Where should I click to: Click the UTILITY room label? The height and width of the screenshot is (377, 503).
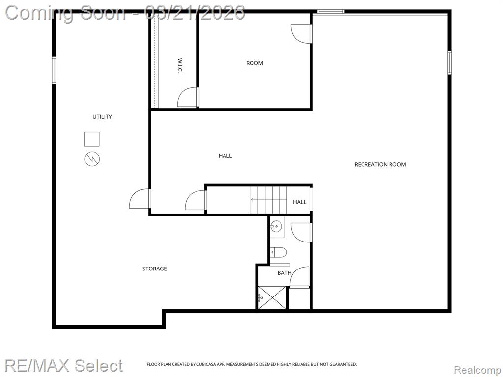pyautogui.click(x=102, y=117)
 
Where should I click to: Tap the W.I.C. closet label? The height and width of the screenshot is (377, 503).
pyautogui.click(x=180, y=65)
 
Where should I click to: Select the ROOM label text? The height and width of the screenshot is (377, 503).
pyautogui.click(x=254, y=63)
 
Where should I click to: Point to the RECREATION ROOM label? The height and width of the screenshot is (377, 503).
pyautogui.click(x=380, y=165)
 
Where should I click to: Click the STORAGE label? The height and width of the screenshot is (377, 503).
pyautogui.click(x=155, y=269)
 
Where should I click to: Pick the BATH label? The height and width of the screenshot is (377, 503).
pyautogui.click(x=284, y=273)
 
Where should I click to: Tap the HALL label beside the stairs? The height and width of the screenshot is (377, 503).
pyautogui.click(x=299, y=202)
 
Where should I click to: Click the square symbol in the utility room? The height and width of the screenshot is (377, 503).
pyautogui.click(x=92, y=139)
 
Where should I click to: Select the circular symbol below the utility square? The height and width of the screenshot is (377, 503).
pyautogui.click(x=92, y=159)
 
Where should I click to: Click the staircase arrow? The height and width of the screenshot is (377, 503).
pyautogui.click(x=269, y=200)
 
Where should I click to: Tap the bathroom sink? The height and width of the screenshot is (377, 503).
pyautogui.click(x=276, y=227)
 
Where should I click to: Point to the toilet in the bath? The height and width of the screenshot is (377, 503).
pyautogui.click(x=278, y=252)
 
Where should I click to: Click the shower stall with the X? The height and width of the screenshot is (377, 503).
pyautogui.click(x=272, y=298)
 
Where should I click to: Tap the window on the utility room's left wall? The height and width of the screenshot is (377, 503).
pyautogui.click(x=54, y=70)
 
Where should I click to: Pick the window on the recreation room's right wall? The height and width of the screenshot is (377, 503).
pyautogui.click(x=449, y=62)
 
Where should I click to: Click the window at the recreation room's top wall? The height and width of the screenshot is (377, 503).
pyautogui.click(x=331, y=12)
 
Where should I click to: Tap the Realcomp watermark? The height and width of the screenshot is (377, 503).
pyautogui.click(x=477, y=370)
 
